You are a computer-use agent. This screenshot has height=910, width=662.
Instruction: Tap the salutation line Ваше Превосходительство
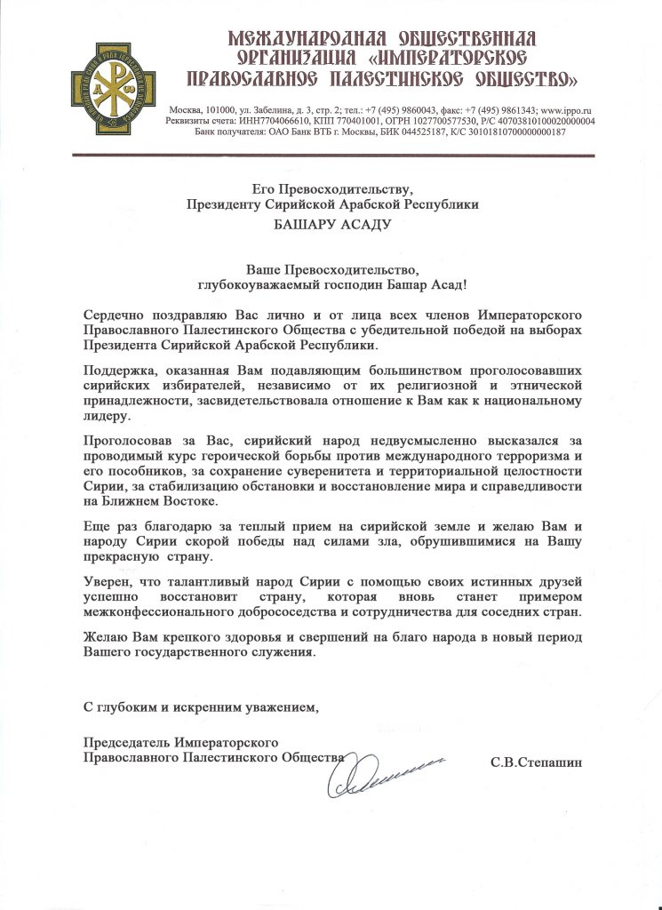(331, 268)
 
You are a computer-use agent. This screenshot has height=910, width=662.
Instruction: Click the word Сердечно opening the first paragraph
(114, 315)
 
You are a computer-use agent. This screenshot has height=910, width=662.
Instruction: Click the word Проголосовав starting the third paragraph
(126, 440)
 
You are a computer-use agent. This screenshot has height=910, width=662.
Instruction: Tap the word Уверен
(105, 581)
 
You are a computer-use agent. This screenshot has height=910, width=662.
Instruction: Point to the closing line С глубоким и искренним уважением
(200, 707)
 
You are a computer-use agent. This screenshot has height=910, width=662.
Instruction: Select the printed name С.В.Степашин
(538, 762)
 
